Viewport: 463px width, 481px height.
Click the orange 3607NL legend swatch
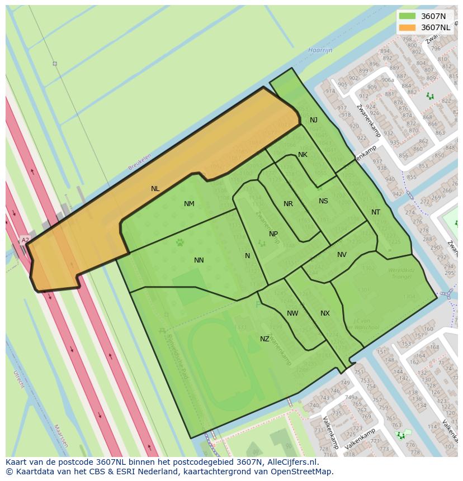(x=408, y=27)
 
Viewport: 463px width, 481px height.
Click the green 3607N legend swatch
(x=408, y=16)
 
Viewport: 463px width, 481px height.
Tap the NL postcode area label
(x=155, y=189)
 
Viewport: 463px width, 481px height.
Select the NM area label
(x=189, y=204)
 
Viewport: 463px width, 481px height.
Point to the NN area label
(x=199, y=260)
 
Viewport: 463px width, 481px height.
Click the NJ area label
(x=314, y=120)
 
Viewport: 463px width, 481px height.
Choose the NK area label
(x=303, y=155)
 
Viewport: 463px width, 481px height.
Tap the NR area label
(x=288, y=204)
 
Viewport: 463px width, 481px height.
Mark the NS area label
(x=323, y=201)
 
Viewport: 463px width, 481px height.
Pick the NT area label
(x=376, y=212)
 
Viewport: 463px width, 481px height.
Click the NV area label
(x=342, y=255)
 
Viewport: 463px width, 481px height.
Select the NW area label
(x=292, y=313)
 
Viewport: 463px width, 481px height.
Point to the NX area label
(x=325, y=313)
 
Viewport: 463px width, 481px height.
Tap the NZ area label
(x=264, y=339)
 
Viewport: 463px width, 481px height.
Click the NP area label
(x=273, y=234)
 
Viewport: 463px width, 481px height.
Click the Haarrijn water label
(x=320, y=50)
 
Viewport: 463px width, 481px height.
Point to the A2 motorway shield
(x=25, y=240)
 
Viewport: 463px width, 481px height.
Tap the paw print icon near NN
(x=180, y=242)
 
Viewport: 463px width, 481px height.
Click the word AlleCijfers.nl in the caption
(x=291, y=463)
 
